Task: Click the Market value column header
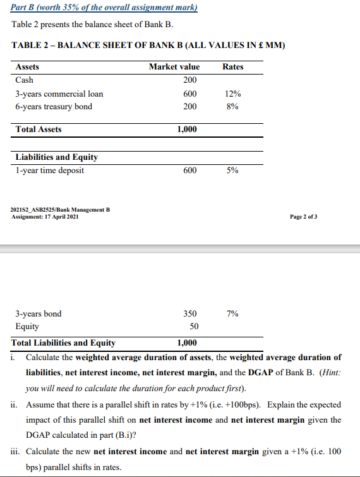tap(174, 66)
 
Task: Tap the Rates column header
tap(233, 66)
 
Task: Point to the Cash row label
tap(24, 80)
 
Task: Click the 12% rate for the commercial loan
tap(232, 94)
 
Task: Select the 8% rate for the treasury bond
tap(232, 106)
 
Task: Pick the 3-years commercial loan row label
tap(59, 94)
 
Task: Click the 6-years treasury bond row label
tap(54, 106)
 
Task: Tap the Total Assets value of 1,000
tap(186, 129)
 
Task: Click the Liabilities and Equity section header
tap(56, 157)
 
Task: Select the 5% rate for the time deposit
tap(232, 170)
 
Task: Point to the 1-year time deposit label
tap(49, 170)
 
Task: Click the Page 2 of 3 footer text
tap(304, 216)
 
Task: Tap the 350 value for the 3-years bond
tap(189, 313)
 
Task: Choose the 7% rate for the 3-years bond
tap(232, 313)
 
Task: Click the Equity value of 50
tap(194, 327)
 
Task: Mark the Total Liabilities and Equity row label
tap(64, 343)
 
